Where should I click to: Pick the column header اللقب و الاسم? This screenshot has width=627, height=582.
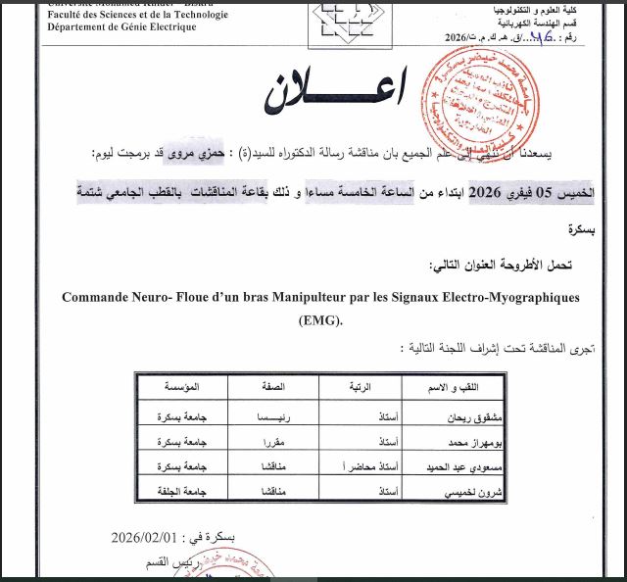pos(483,387)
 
